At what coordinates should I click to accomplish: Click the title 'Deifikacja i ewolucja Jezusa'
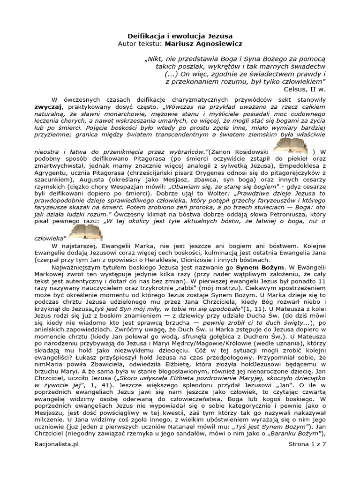[180, 36]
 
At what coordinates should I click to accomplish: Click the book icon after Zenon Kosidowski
[291, 147]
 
